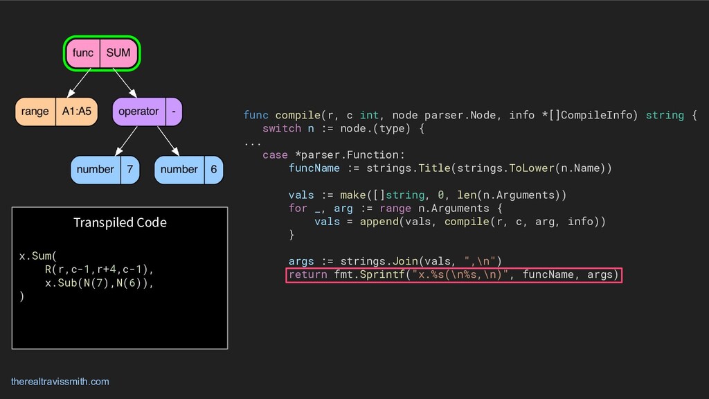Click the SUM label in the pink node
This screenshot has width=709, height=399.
point(118,53)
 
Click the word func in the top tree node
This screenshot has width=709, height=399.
point(83,53)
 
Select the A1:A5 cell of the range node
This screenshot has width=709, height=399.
point(76,111)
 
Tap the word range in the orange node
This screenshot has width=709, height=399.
point(35,111)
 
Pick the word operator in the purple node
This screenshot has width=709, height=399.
point(138,111)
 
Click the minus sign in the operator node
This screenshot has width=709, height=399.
point(173,111)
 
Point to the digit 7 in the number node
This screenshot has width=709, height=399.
point(129,169)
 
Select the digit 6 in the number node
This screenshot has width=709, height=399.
point(213,169)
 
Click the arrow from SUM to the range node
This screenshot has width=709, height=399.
point(81,83)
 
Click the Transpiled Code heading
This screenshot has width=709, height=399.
point(120,222)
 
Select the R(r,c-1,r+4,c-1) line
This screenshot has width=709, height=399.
point(98,269)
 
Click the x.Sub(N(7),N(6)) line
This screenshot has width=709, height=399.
point(98,283)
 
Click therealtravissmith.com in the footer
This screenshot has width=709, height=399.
point(60,382)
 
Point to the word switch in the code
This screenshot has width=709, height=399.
point(282,128)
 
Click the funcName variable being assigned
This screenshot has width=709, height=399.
point(314,168)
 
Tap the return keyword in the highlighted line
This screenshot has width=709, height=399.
point(308,275)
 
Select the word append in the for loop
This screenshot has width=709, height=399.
point(379,222)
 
